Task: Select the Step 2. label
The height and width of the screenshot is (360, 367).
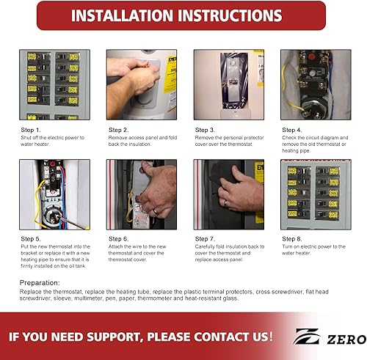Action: click(120, 131)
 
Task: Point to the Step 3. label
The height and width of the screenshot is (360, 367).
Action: click(206, 131)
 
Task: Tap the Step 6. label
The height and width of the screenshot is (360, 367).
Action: click(120, 238)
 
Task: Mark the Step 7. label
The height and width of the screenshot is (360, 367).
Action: click(206, 238)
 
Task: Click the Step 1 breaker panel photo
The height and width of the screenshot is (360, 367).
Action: click(54, 84)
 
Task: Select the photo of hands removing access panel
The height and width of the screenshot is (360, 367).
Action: click(142, 84)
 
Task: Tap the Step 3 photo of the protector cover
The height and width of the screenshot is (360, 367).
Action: click(228, 84)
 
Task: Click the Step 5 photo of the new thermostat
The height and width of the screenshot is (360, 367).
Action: click(54, 195)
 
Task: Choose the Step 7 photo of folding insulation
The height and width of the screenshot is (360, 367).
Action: click(228, 195)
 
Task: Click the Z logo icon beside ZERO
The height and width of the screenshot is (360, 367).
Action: click(306, 337)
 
